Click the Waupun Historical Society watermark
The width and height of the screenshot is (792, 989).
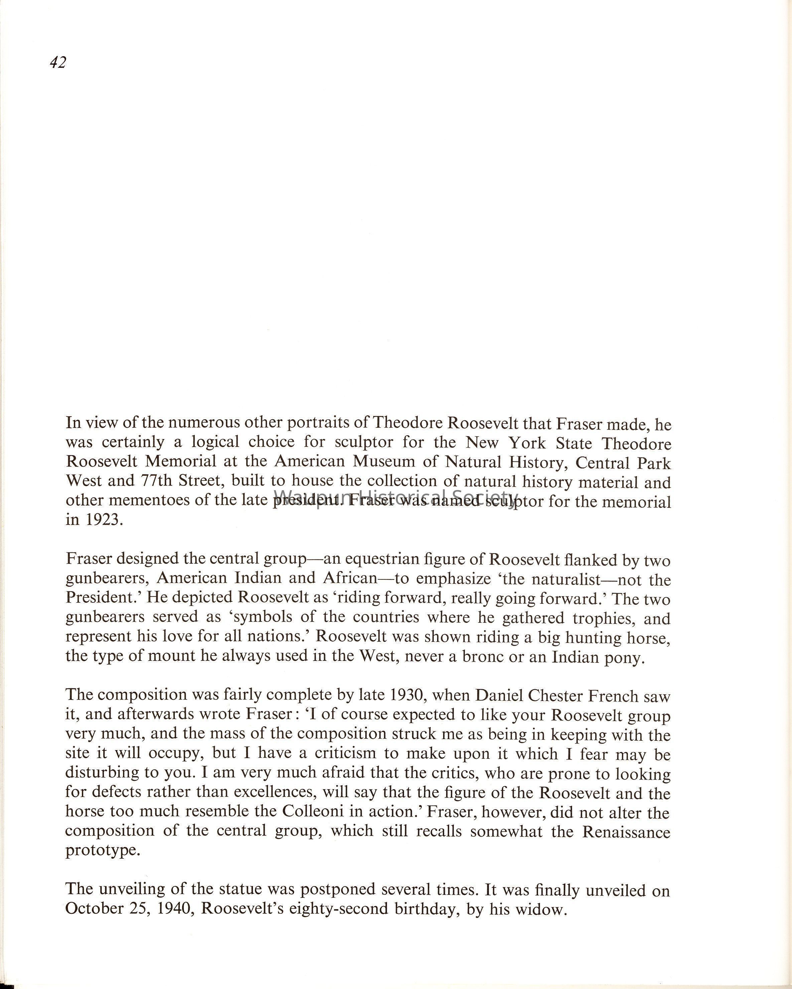pyautogui.click(x=396, y=497)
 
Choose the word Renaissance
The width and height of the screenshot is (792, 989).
pyautogui.click(x=626, y=832)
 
